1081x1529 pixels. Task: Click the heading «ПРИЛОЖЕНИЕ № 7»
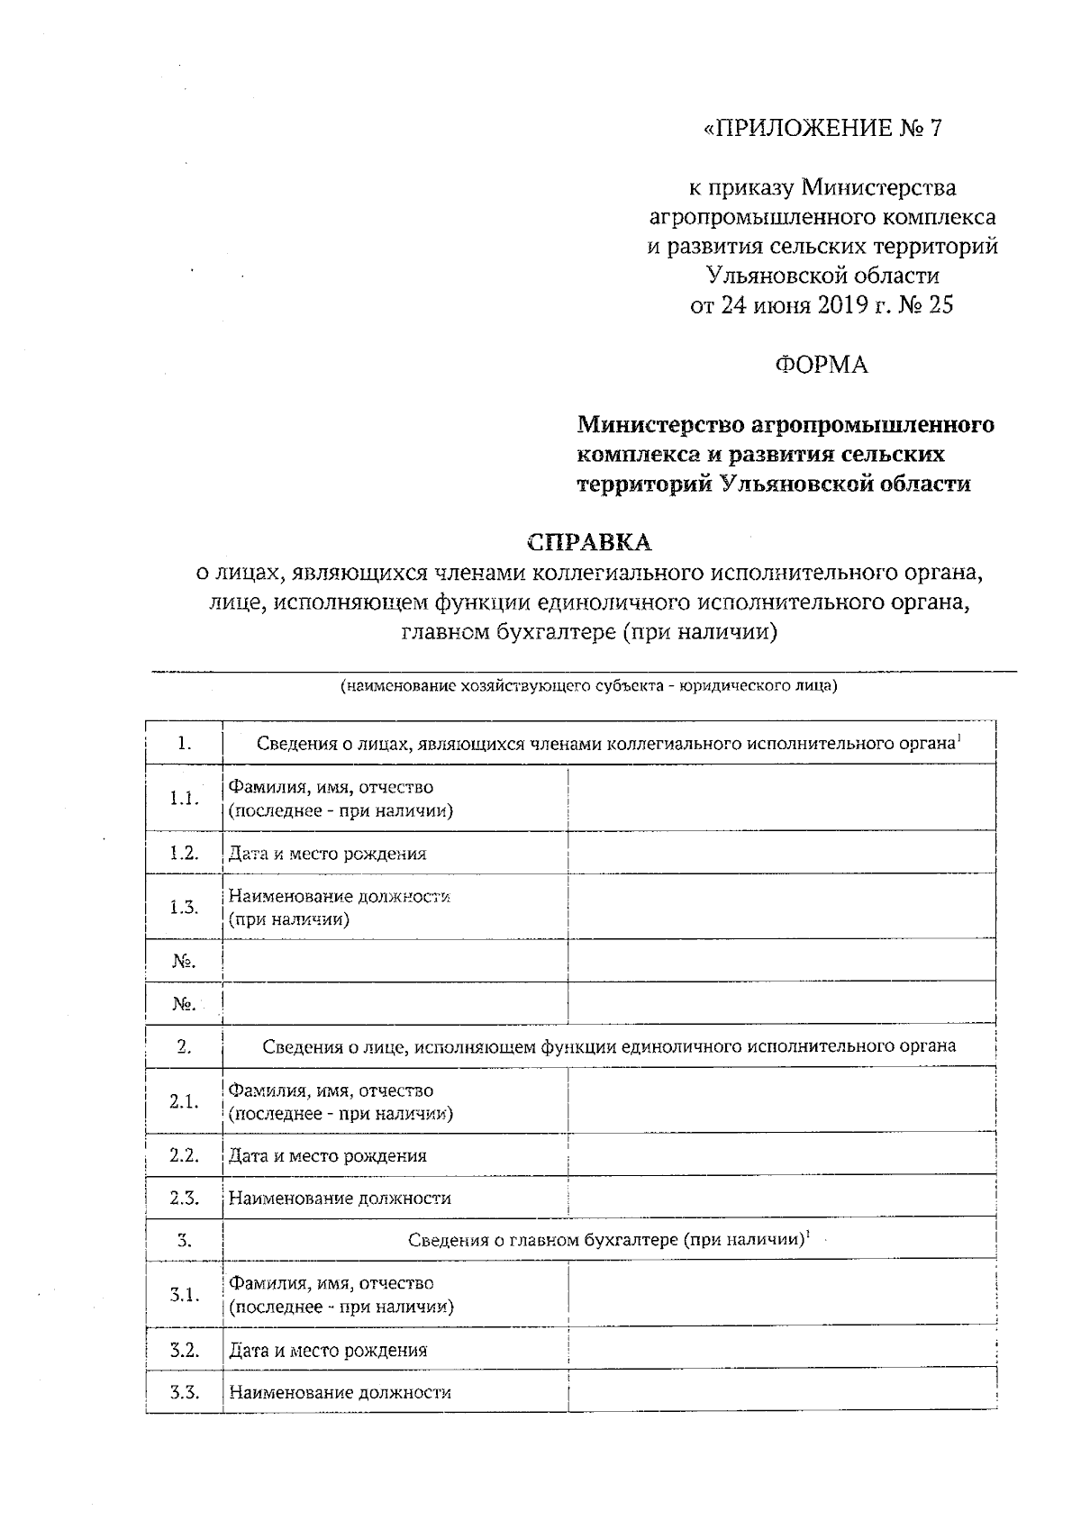(822, 129)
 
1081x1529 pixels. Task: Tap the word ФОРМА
(822, 365)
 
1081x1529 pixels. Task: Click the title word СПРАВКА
(589, 543)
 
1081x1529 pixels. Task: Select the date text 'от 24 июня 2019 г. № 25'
(822, 306)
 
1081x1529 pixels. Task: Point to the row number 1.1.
(184, 799)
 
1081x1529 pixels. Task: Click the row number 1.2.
(184, 853)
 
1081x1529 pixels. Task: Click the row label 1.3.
(184, 907)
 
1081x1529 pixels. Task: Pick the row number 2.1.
(184, 1101)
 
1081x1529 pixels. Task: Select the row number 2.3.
(184, 1198)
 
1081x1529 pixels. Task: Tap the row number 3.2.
(184, 1350)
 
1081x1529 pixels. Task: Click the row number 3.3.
(184, 1392)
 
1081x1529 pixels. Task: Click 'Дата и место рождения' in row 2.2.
(327, 1155)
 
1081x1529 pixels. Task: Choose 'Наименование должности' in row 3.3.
(340, 1392)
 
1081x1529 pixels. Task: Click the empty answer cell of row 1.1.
(781, 799)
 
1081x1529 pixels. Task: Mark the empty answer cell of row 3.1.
(781, 1295)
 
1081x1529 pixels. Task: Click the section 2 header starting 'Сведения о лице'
(609, 1046)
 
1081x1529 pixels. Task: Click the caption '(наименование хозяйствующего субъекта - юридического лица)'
(588, 687)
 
